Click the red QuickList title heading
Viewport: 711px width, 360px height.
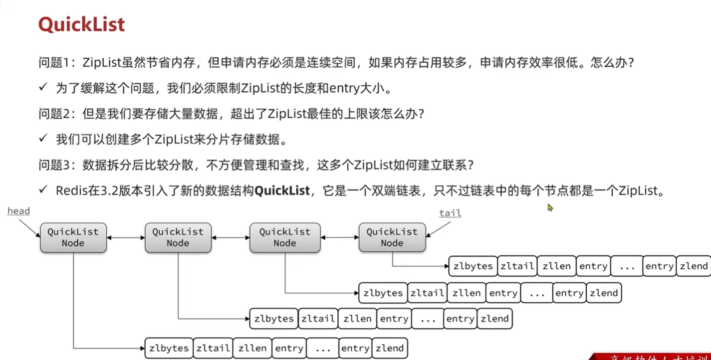[x=81, y=24]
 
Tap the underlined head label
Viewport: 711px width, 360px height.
[x=18, y=211]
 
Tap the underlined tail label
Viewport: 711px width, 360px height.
[x=450, y=213]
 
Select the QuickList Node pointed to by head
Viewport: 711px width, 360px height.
[x=73, y=237]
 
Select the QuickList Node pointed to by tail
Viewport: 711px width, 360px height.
[x=392, y=237]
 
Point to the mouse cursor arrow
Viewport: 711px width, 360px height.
[x=550, y=207]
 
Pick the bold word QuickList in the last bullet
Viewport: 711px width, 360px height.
[x=282, y=190]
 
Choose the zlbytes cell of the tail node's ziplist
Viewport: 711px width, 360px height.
[x=473, y=266]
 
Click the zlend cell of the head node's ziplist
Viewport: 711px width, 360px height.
[x=390, y=348]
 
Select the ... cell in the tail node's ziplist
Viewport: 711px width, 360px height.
[x=626, y=266]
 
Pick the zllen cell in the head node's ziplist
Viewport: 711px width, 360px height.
[x=252, y=348]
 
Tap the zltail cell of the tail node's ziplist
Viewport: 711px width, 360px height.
[x=517, y=266]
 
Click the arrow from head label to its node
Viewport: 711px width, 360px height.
[x=30, y=228]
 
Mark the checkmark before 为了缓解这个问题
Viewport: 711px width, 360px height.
[x=43, y=88]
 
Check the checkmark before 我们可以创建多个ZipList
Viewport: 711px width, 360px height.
[x=43, y=139]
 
